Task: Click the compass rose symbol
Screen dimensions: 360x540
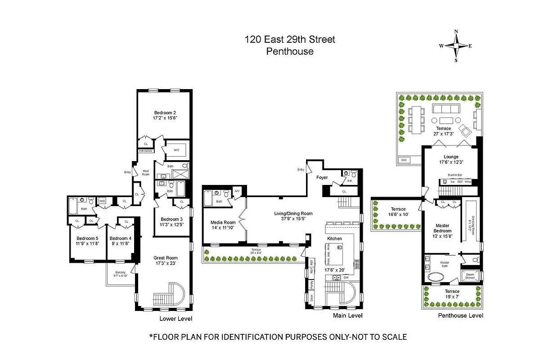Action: pyautogui.click(x=456, y=46)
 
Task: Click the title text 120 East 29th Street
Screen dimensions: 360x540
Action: pyautogui.click(x=290, y=40)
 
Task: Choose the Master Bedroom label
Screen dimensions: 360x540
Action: pyautogui.click(x=442, y=228)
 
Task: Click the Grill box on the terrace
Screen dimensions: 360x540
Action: pyautogui.click(x=404, y=160)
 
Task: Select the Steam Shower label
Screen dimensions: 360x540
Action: pyautogui.click(x=470, y=276)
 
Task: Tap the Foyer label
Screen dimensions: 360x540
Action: pyautogui.click(x=322, y=178)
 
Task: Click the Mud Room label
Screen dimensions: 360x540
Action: pyautogui.click(x=146, y=172)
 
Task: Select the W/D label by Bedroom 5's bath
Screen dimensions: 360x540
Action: pyautogui.click(x=102, y=201)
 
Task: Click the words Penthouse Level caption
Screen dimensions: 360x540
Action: pyautogui.click(x=460, y=315)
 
